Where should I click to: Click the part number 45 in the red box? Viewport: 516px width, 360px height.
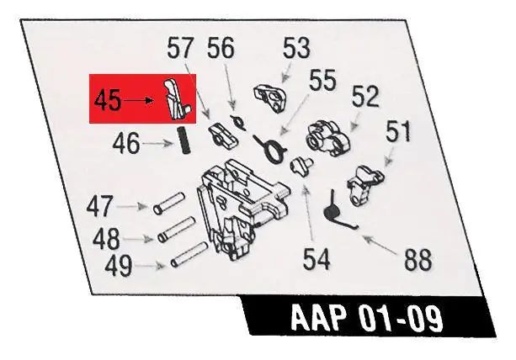pyautogui.click(x=107, y=101)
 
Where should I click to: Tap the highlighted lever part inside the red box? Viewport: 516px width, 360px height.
pyautogui.click(x=177, y=98)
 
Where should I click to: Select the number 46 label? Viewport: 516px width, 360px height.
pyautogui.click(x=126, y=144)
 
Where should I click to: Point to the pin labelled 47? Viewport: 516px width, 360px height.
pyautogui.click(x=169, y=204)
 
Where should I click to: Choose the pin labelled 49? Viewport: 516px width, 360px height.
pyautogui.click(x=189, y=255)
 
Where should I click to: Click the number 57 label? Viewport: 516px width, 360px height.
pyautogui.click(x=179, y=48)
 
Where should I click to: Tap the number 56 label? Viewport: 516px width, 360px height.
pyautogui.click(x=221, y=48)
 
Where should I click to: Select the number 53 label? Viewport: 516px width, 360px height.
pyautogui.click(x=296, y=48)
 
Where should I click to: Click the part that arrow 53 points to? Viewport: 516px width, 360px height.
pyautogui.click(x=270, y=98)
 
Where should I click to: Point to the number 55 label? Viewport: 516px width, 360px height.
pyautogui.click(x=322, y=80)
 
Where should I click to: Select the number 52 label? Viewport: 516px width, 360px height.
pyautogui.click(x=365, y=97)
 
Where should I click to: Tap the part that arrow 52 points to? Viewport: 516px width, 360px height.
pyautogui.click(x=328, y=138)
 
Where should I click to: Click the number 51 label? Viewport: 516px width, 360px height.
pyautogui.click(x=398, y=131)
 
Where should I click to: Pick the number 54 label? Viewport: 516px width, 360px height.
pyautogui.click(x=317, y=259)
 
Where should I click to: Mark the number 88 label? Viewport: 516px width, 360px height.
pyautogui.click(x=418, y=260)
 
